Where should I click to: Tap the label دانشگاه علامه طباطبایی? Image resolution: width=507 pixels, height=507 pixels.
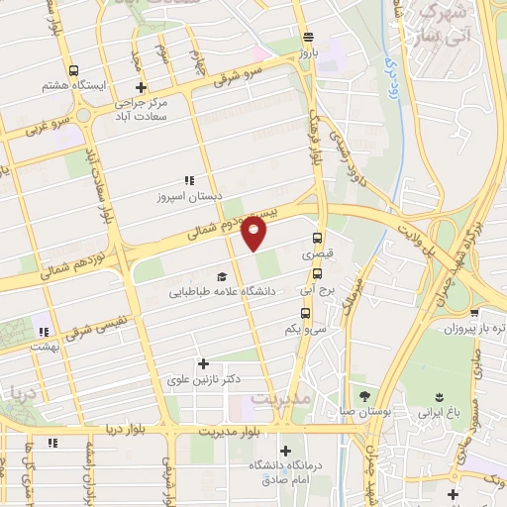pyautogui.click(x=222, y=292)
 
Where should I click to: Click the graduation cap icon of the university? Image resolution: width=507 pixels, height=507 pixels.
pyautogui.click(x=222, y=276)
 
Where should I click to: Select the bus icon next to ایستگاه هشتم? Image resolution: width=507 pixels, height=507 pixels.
pyautogui.click(x=74, y=71)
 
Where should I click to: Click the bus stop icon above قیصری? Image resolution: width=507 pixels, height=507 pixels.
pyautogui.click(x=317, y=238)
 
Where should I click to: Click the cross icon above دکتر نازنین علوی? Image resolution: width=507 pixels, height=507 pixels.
pyautogui.click(x=204, y=363)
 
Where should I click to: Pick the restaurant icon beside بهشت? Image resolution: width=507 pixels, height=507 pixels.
pyautogui.click(x=43, y=332)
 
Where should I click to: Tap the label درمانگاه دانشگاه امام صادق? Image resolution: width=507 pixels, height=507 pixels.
pyautogui.click(x=283, y=472)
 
